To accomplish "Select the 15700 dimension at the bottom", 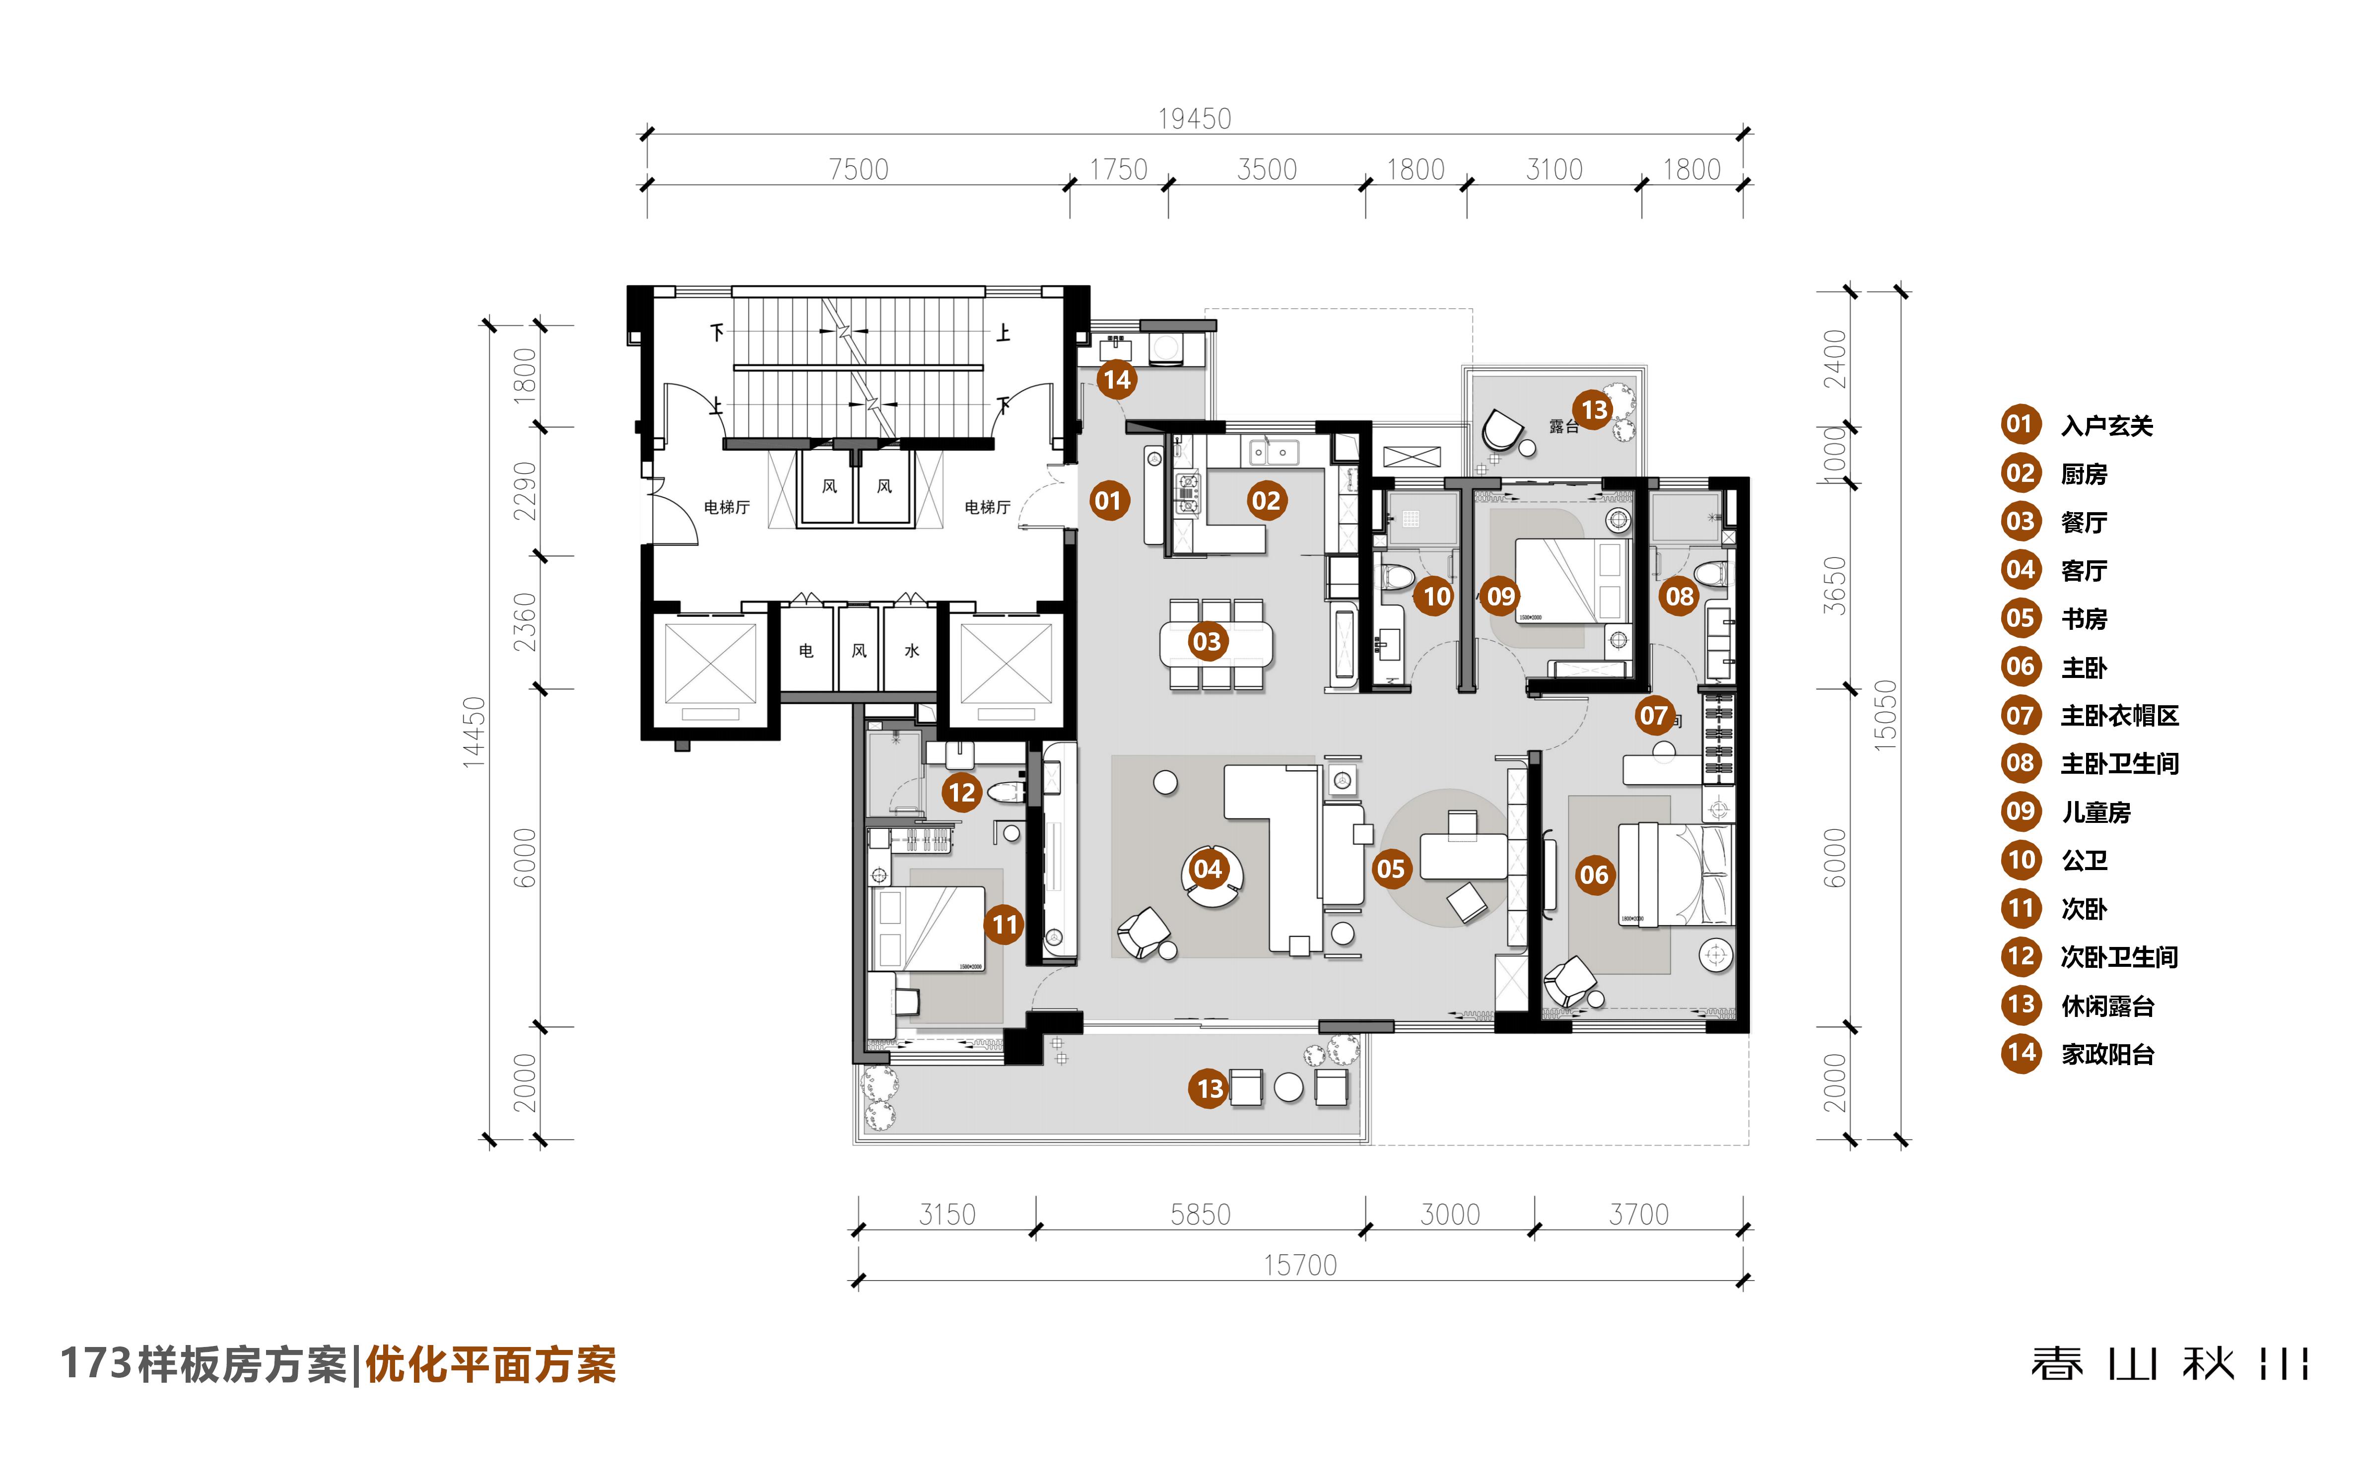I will point(1300,1265).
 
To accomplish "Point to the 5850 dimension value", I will point(1200,1215).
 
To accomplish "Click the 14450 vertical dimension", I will point(474,732).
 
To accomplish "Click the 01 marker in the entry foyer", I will point(1108,501).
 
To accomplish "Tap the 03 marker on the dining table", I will point(1207,642).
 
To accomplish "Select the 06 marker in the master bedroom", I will point(1594,875).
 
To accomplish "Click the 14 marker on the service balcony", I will point(1116,380).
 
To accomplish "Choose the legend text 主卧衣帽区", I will point(2119,716).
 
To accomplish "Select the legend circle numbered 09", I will point(2021,811).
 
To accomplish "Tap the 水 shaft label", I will point(911,651).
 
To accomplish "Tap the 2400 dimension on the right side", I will point(1834,359).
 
